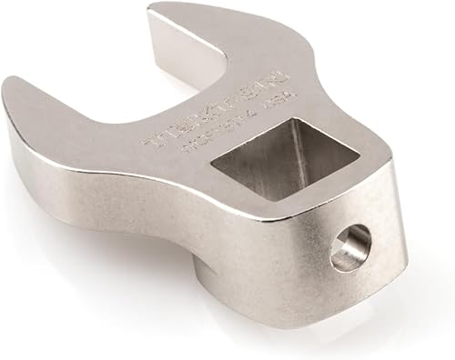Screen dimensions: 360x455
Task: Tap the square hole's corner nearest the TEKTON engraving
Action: (x=241, y=161)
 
